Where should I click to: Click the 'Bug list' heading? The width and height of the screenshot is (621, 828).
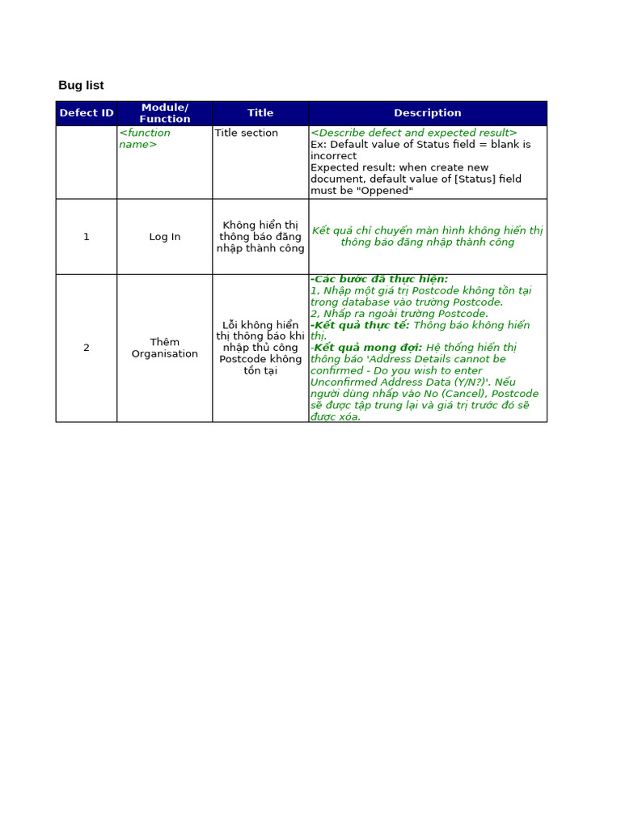tap(81, 85)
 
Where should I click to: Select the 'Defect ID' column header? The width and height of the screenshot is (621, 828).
tap(87, 113)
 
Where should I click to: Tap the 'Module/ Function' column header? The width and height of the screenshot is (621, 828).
tap(165, 113)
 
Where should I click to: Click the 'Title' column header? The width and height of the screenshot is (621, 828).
tap(260, 113)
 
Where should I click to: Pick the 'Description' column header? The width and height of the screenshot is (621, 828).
tap(427, 113)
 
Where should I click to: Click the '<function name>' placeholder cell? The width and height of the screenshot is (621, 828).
tap(145, 138)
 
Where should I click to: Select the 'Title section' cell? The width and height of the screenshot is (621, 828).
tap(247, 133)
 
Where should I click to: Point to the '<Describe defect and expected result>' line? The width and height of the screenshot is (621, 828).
tap(414, 133)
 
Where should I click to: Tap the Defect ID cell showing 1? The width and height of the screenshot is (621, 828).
tap(87, 237)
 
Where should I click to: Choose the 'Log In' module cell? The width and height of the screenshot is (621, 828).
tap(165, 237)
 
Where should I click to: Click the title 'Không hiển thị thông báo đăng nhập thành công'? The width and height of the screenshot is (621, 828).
tap(260, 237)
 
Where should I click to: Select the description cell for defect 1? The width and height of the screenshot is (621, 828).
tap(427, 236)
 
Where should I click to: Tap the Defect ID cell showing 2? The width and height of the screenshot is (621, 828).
tap(87, 348)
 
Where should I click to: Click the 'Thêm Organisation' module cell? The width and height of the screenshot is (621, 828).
tap(165, 348)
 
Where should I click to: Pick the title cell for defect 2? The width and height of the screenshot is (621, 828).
tap(260, 348)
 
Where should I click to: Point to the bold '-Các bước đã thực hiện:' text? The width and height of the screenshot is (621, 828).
tap(379, 279)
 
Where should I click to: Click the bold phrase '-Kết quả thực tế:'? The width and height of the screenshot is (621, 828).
tap(361, 325)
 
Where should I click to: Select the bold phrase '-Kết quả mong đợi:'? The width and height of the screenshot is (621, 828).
tap(366, 348)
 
